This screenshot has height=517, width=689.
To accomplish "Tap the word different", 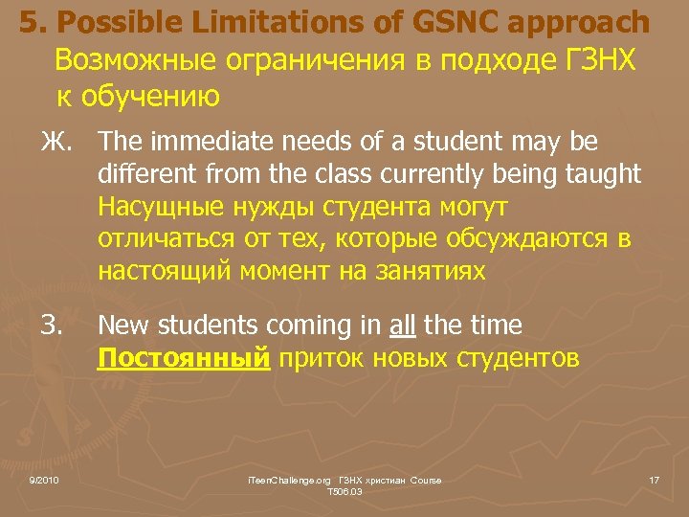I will [x=141, y=175].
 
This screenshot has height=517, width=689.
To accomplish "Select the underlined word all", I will [x=403, y=326].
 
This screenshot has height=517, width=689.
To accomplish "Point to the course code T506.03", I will [x=344, y=491].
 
